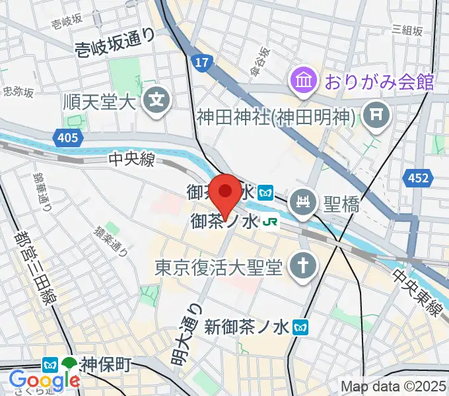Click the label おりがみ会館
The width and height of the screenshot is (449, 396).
378,82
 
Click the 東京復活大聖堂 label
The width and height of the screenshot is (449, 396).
219,267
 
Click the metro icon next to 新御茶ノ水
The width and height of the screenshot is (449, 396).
302,326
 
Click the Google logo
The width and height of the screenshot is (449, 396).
44,381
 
